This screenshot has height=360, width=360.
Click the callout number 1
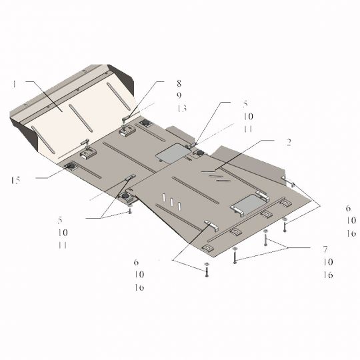(14, 84)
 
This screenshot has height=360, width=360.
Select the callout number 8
(179, 83)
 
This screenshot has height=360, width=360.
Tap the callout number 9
(179, 95)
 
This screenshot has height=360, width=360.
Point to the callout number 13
(182, 108)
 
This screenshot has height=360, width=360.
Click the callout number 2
(289, 143)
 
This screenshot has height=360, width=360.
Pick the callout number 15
(15, 180)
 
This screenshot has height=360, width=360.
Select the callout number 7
(325, 249)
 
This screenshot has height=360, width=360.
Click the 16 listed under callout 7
(328, 275)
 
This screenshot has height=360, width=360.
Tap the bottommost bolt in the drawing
(207, 270)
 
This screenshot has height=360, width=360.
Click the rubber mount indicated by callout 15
(70, 166)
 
